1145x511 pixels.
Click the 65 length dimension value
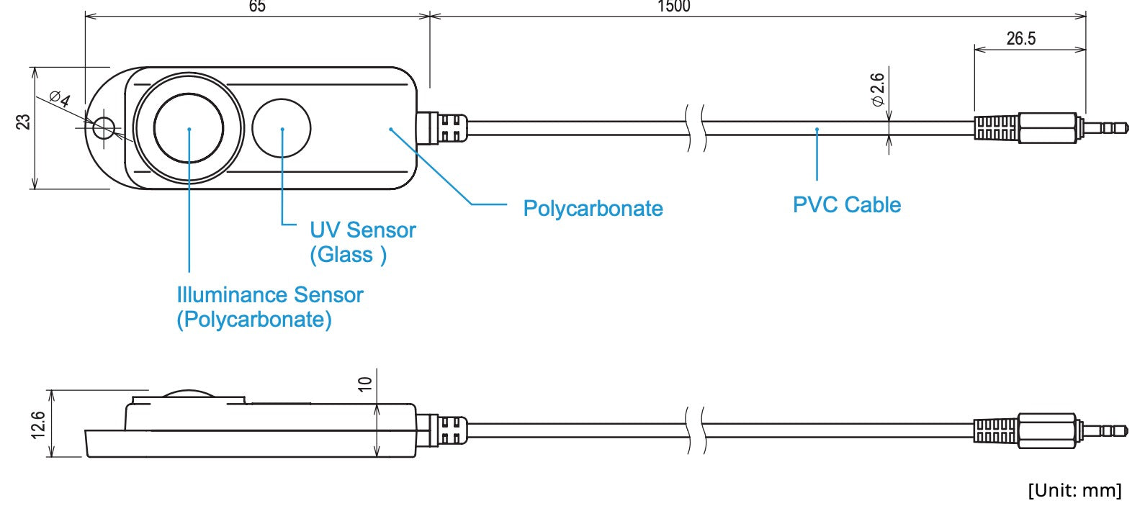pos(257,6)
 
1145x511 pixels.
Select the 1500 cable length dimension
pos(674,6)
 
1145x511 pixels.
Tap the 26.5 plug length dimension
pos(1021,38)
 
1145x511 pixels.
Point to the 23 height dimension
pos(23,122)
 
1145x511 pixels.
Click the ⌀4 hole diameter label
pos(60,98)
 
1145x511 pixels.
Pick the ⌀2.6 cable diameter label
pos(877,89)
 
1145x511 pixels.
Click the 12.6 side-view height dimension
pos(38,425)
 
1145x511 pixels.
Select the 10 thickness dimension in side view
pos(365,384)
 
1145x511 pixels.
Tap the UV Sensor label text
pos(362,230)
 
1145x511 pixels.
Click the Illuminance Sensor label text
pos(270,295)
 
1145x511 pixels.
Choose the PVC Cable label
pos(846,205)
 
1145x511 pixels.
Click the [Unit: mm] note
pos(1075,490)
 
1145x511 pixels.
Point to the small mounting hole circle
pos(104,128)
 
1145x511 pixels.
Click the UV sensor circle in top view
pos(281,128)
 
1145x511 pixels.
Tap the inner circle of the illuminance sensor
pos(189,128)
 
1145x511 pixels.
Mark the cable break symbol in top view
pos(696,128)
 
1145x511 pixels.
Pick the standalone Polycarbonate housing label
pos(593,209)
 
